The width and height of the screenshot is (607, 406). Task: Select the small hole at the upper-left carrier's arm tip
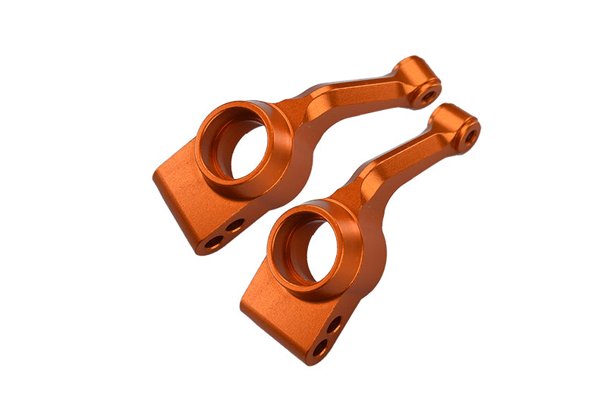click(427, 97)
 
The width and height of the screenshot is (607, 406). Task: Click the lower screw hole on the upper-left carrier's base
click(214, 243)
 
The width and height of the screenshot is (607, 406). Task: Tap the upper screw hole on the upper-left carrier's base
click(236, 225)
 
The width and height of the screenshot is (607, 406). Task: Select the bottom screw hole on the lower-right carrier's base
click(320, 348)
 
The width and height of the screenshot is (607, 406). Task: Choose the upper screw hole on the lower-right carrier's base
click(333, 324)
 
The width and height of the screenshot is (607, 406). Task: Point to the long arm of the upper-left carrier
click(357, 99)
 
